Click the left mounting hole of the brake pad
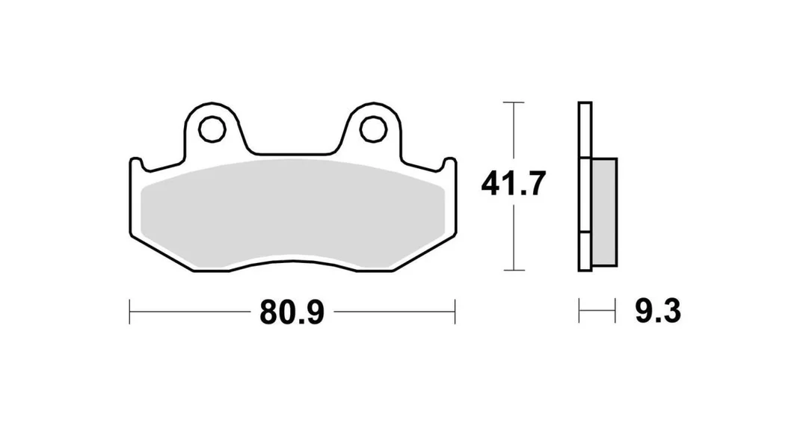[x=212, y=129]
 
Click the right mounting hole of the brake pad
[x=373, y=129]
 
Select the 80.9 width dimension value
[x=292, y=312]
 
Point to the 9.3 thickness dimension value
[x=658, y=311]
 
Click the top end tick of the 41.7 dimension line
[x=513, y=102]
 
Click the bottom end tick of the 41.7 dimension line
[x=513, y=271]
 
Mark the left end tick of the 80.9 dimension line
[x=129, y=311]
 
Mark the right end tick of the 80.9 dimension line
[x=455, y=311]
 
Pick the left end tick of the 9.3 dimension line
[x=579, y=311]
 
